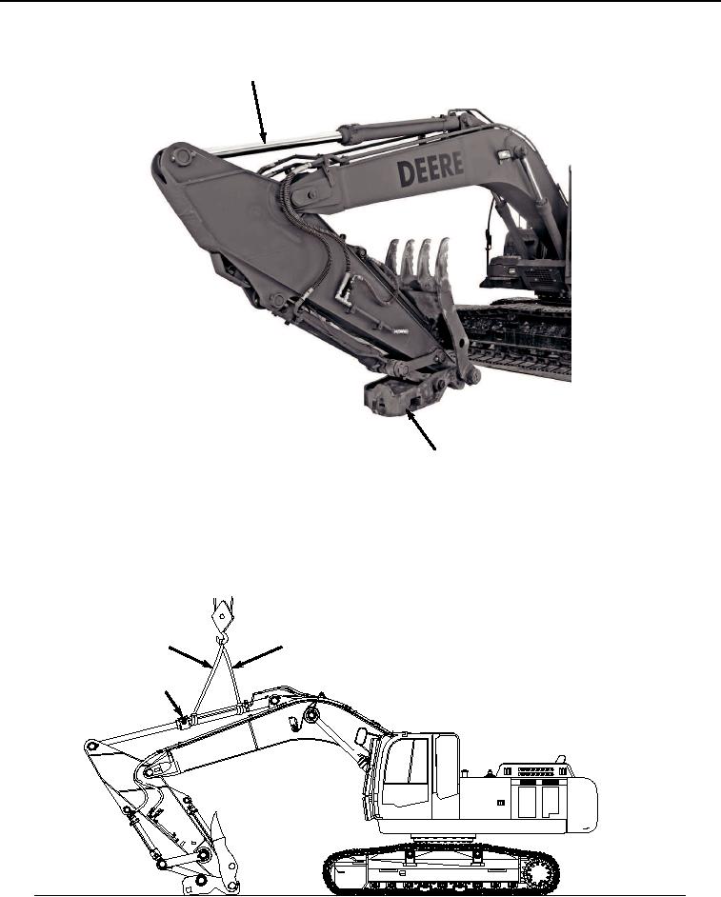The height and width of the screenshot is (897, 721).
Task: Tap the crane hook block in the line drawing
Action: click(220, 616)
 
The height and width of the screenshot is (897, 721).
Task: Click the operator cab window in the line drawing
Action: click(411, 763)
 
